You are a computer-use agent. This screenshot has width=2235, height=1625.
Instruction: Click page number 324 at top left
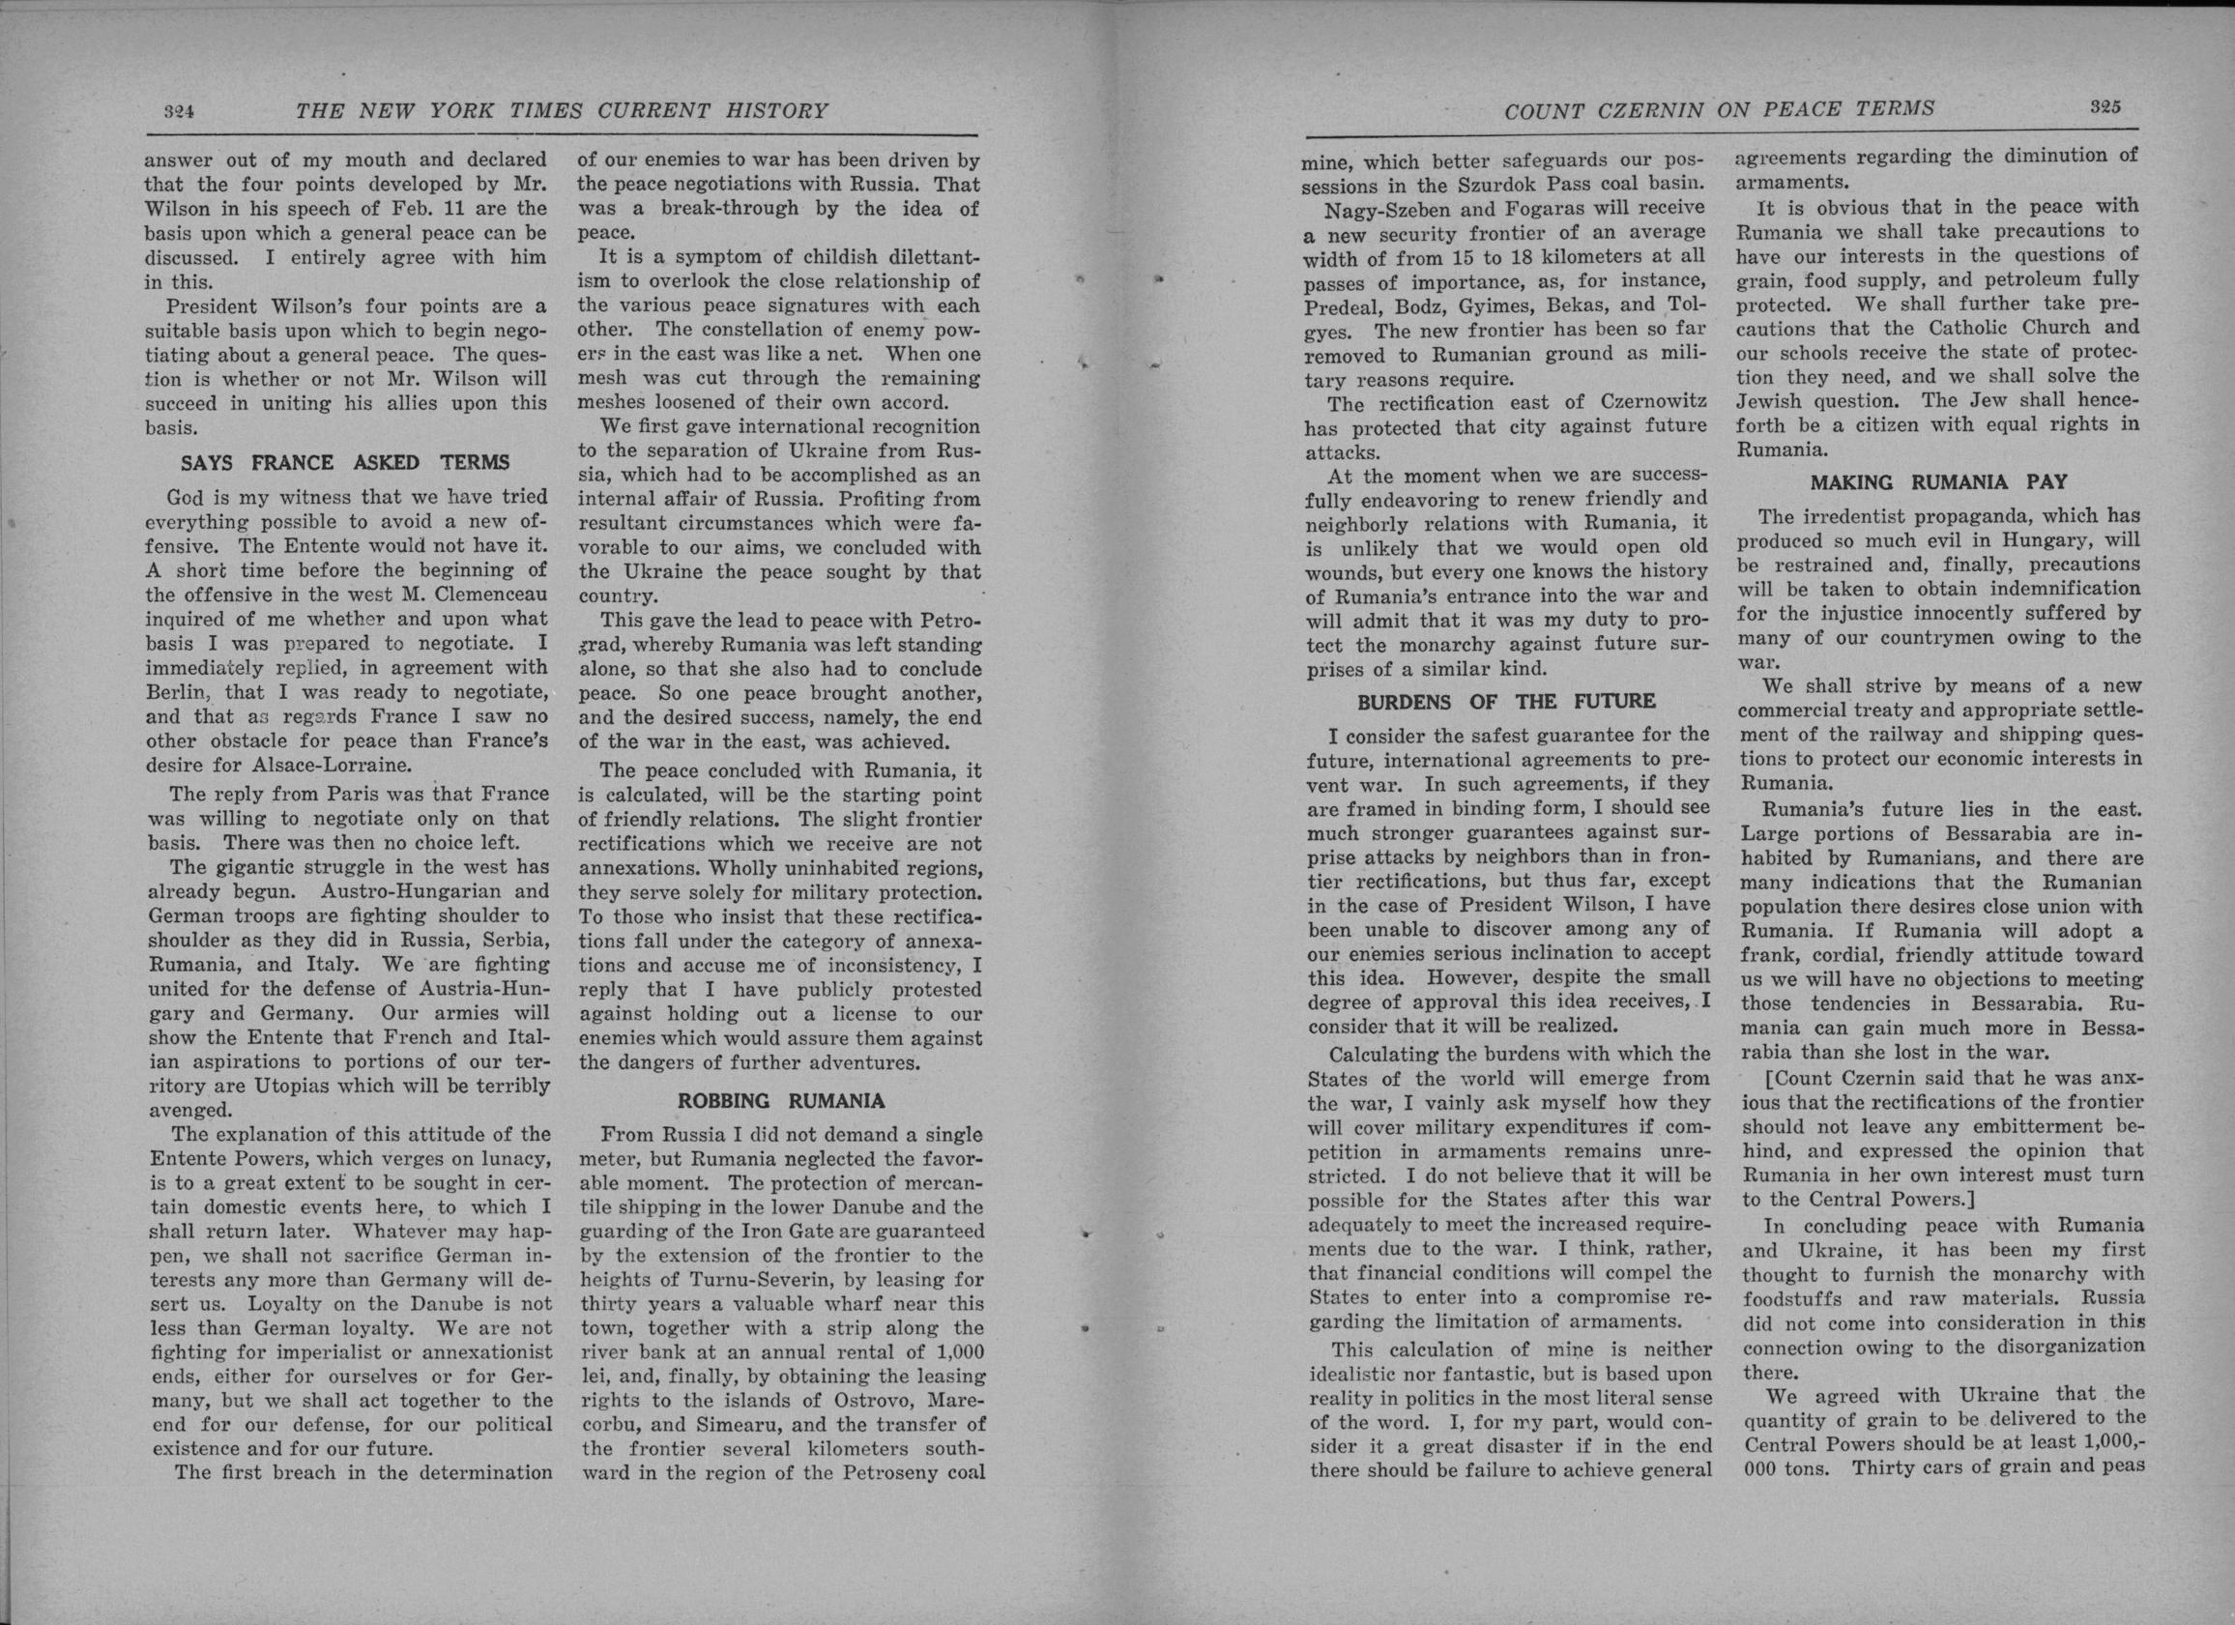click(179, 111)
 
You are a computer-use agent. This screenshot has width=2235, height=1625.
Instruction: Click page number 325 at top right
click(2102, 107)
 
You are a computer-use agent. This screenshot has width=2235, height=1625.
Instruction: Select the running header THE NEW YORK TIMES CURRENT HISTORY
click(562, 111)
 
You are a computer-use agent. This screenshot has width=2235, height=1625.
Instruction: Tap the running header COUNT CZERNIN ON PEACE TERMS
click(1720, 110)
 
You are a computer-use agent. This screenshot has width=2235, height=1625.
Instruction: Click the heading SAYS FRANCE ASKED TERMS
click(345, 462)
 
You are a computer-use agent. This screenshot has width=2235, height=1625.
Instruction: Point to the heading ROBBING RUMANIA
click(780, 1100)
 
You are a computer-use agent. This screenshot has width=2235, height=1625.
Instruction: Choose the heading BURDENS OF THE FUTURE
click(1506, 702)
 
